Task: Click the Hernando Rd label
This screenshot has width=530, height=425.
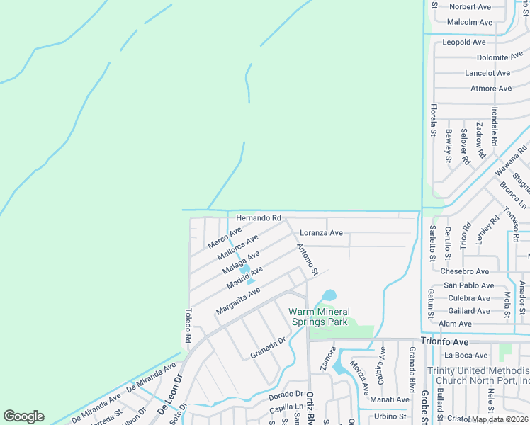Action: (259, 217)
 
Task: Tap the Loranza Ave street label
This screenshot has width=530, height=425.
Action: (321, 232)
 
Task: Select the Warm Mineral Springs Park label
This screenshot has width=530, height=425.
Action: (319, 317)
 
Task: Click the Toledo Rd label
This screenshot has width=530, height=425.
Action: (188, 325)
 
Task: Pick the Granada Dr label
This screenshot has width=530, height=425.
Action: (267, 347)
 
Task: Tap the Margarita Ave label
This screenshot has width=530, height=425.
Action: (238, 301)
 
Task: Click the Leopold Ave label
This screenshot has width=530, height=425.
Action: (464, 42)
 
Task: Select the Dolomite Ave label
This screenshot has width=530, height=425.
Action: (500, 57)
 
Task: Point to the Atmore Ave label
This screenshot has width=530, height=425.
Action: (491, 89)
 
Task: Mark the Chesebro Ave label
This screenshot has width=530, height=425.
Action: (464, 271)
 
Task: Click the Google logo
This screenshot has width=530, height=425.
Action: (24, 416)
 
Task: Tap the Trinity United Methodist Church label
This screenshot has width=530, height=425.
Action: (478, 375)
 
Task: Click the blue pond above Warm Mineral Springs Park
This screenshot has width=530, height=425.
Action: (329, 295)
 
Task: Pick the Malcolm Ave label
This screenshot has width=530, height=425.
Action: (469, 22)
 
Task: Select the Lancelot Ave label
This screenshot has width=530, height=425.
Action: (487, 73)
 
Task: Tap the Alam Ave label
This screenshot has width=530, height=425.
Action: (455, 324)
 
